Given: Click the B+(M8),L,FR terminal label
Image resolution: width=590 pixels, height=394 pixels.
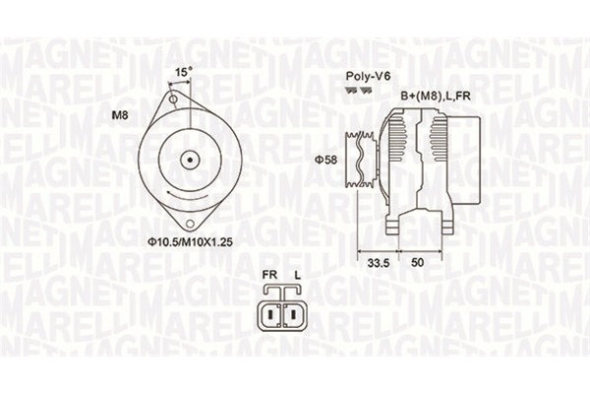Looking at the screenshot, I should (436, 95).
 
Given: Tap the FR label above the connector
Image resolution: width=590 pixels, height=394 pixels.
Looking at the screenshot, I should (270, 276).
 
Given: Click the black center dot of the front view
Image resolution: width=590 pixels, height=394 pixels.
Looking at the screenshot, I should (190, 159).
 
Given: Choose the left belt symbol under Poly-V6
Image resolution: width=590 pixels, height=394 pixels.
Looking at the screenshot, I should (349, 90).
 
